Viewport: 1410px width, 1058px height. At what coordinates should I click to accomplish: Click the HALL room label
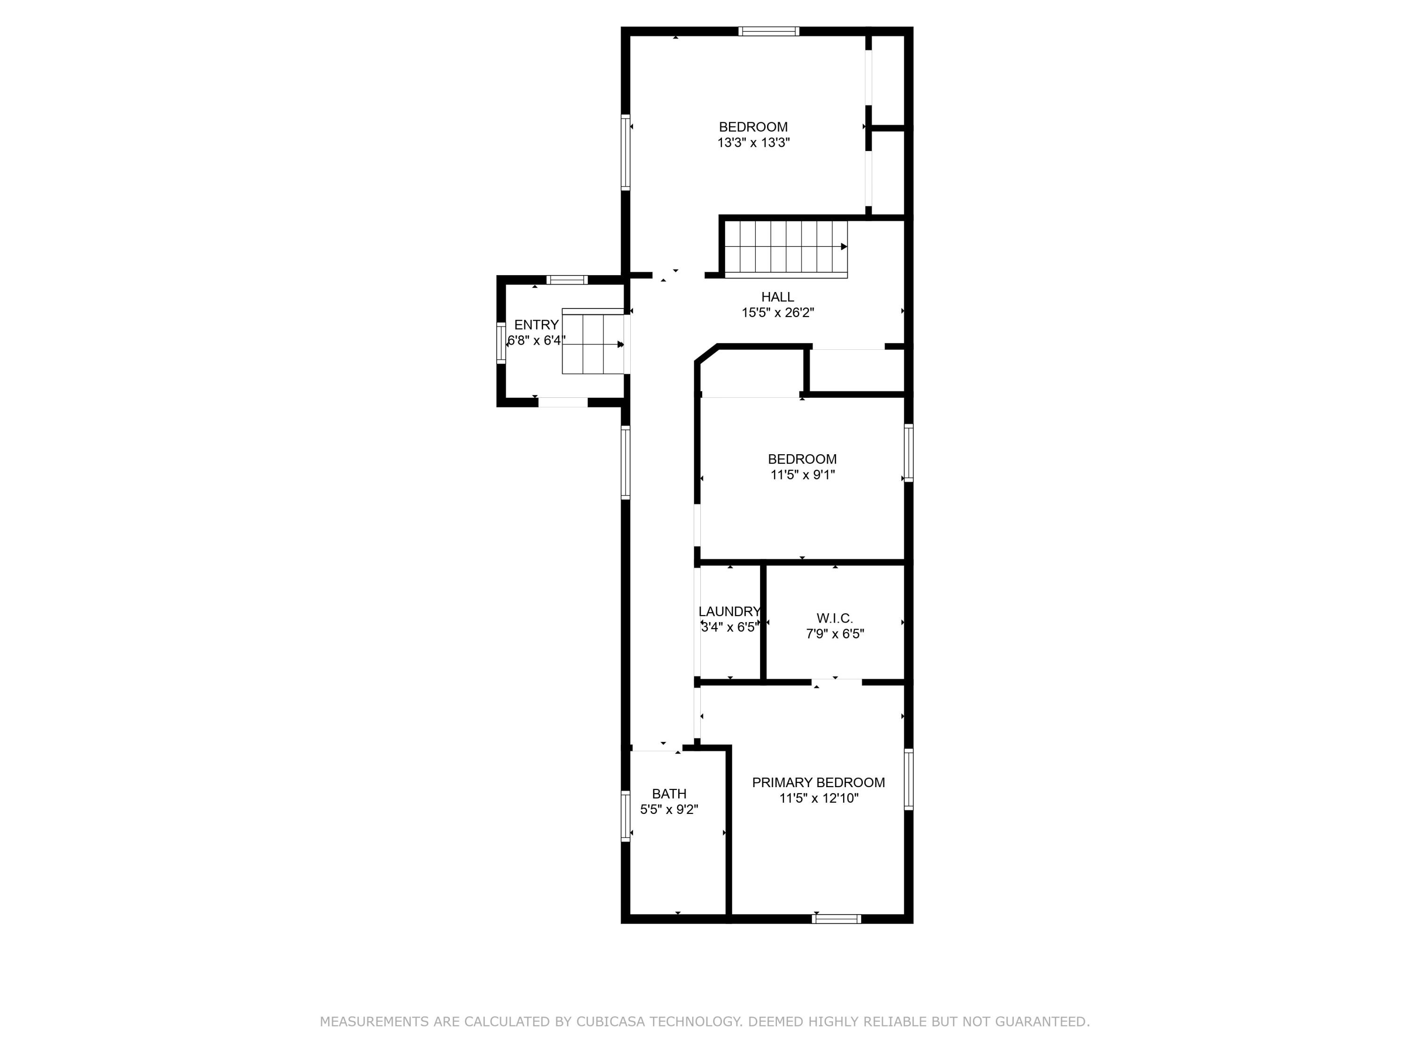coord(778,297)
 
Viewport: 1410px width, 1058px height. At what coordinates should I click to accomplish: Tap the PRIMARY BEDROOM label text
coord(818,782)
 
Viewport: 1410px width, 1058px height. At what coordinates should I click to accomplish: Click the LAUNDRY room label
coord(730,612)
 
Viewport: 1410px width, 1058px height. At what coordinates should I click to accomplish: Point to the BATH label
coord(669,794)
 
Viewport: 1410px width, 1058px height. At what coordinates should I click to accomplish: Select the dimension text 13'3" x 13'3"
coord(753,143)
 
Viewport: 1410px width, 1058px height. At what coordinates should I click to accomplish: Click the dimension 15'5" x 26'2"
coord(778,313)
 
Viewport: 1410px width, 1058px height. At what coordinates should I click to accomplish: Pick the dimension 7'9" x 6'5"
coord(835,634)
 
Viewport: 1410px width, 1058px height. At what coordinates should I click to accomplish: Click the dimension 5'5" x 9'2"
coord(669,810)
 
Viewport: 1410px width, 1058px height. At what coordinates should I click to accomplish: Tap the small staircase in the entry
coord(593,341)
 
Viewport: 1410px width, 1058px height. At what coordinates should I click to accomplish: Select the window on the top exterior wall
coord(769,31)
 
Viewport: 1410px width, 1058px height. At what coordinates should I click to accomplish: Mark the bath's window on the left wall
coord(625,816)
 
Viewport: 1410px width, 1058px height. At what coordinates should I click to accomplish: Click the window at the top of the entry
coord(567,279)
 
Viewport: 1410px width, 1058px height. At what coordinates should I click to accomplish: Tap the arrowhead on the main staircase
coord(844,247)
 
